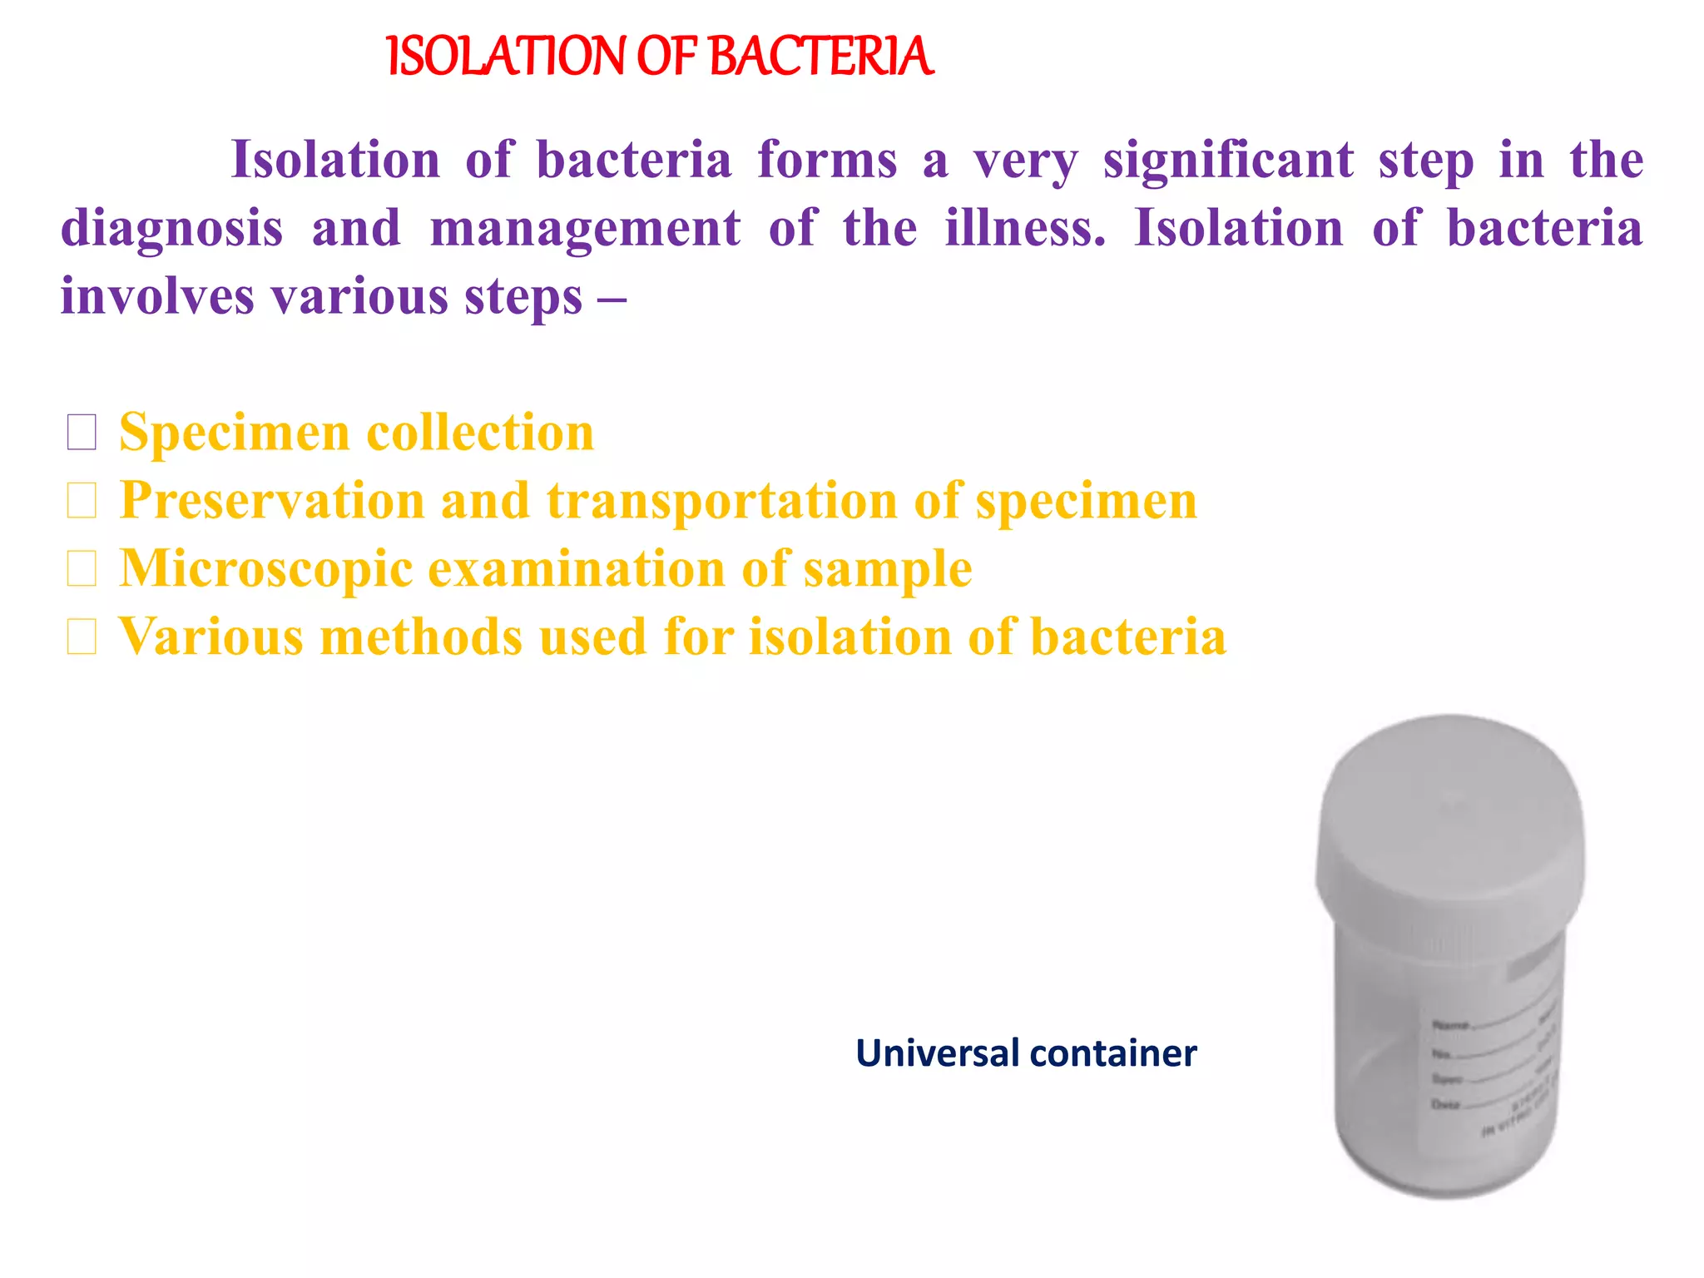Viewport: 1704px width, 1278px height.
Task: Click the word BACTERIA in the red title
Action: point(821,57)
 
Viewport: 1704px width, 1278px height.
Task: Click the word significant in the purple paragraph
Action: point(1228,161)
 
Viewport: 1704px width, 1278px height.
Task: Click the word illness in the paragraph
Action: point(1024,228)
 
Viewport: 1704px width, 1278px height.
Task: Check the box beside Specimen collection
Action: point(82,433)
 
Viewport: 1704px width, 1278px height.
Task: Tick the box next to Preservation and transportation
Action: point(82,501)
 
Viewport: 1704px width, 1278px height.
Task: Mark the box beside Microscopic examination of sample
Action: point(82,569)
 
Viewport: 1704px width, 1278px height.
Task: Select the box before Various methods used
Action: point(82,637)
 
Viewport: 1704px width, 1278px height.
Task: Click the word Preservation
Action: point(272,501)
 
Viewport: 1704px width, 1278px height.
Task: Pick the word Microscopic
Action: point(266,569)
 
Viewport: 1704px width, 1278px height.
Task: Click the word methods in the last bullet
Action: point(423,637)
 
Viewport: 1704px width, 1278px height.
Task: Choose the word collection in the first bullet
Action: point(480,433)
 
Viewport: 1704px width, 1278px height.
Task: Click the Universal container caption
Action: point(1026,1053)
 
